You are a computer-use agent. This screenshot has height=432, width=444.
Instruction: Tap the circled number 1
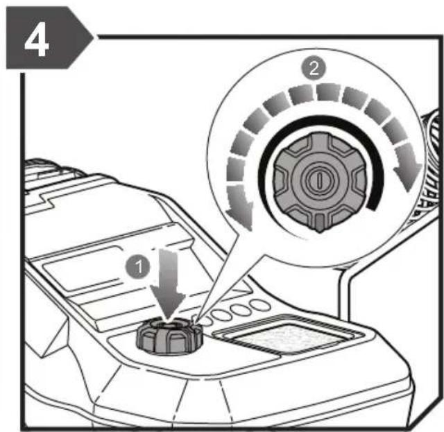[138, 266]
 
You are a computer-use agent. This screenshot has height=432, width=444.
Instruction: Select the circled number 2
[314, 68]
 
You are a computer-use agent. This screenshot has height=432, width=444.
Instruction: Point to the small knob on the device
[169, 335]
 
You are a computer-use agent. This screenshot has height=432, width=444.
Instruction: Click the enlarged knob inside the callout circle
[319, 180]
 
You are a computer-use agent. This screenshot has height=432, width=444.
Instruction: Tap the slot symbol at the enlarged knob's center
[319, 180]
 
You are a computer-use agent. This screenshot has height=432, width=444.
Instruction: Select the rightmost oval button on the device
[260, 306]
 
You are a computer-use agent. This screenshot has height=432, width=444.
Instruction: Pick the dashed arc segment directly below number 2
[328, 92]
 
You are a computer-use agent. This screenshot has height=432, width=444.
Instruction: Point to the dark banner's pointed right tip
[93, 37]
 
